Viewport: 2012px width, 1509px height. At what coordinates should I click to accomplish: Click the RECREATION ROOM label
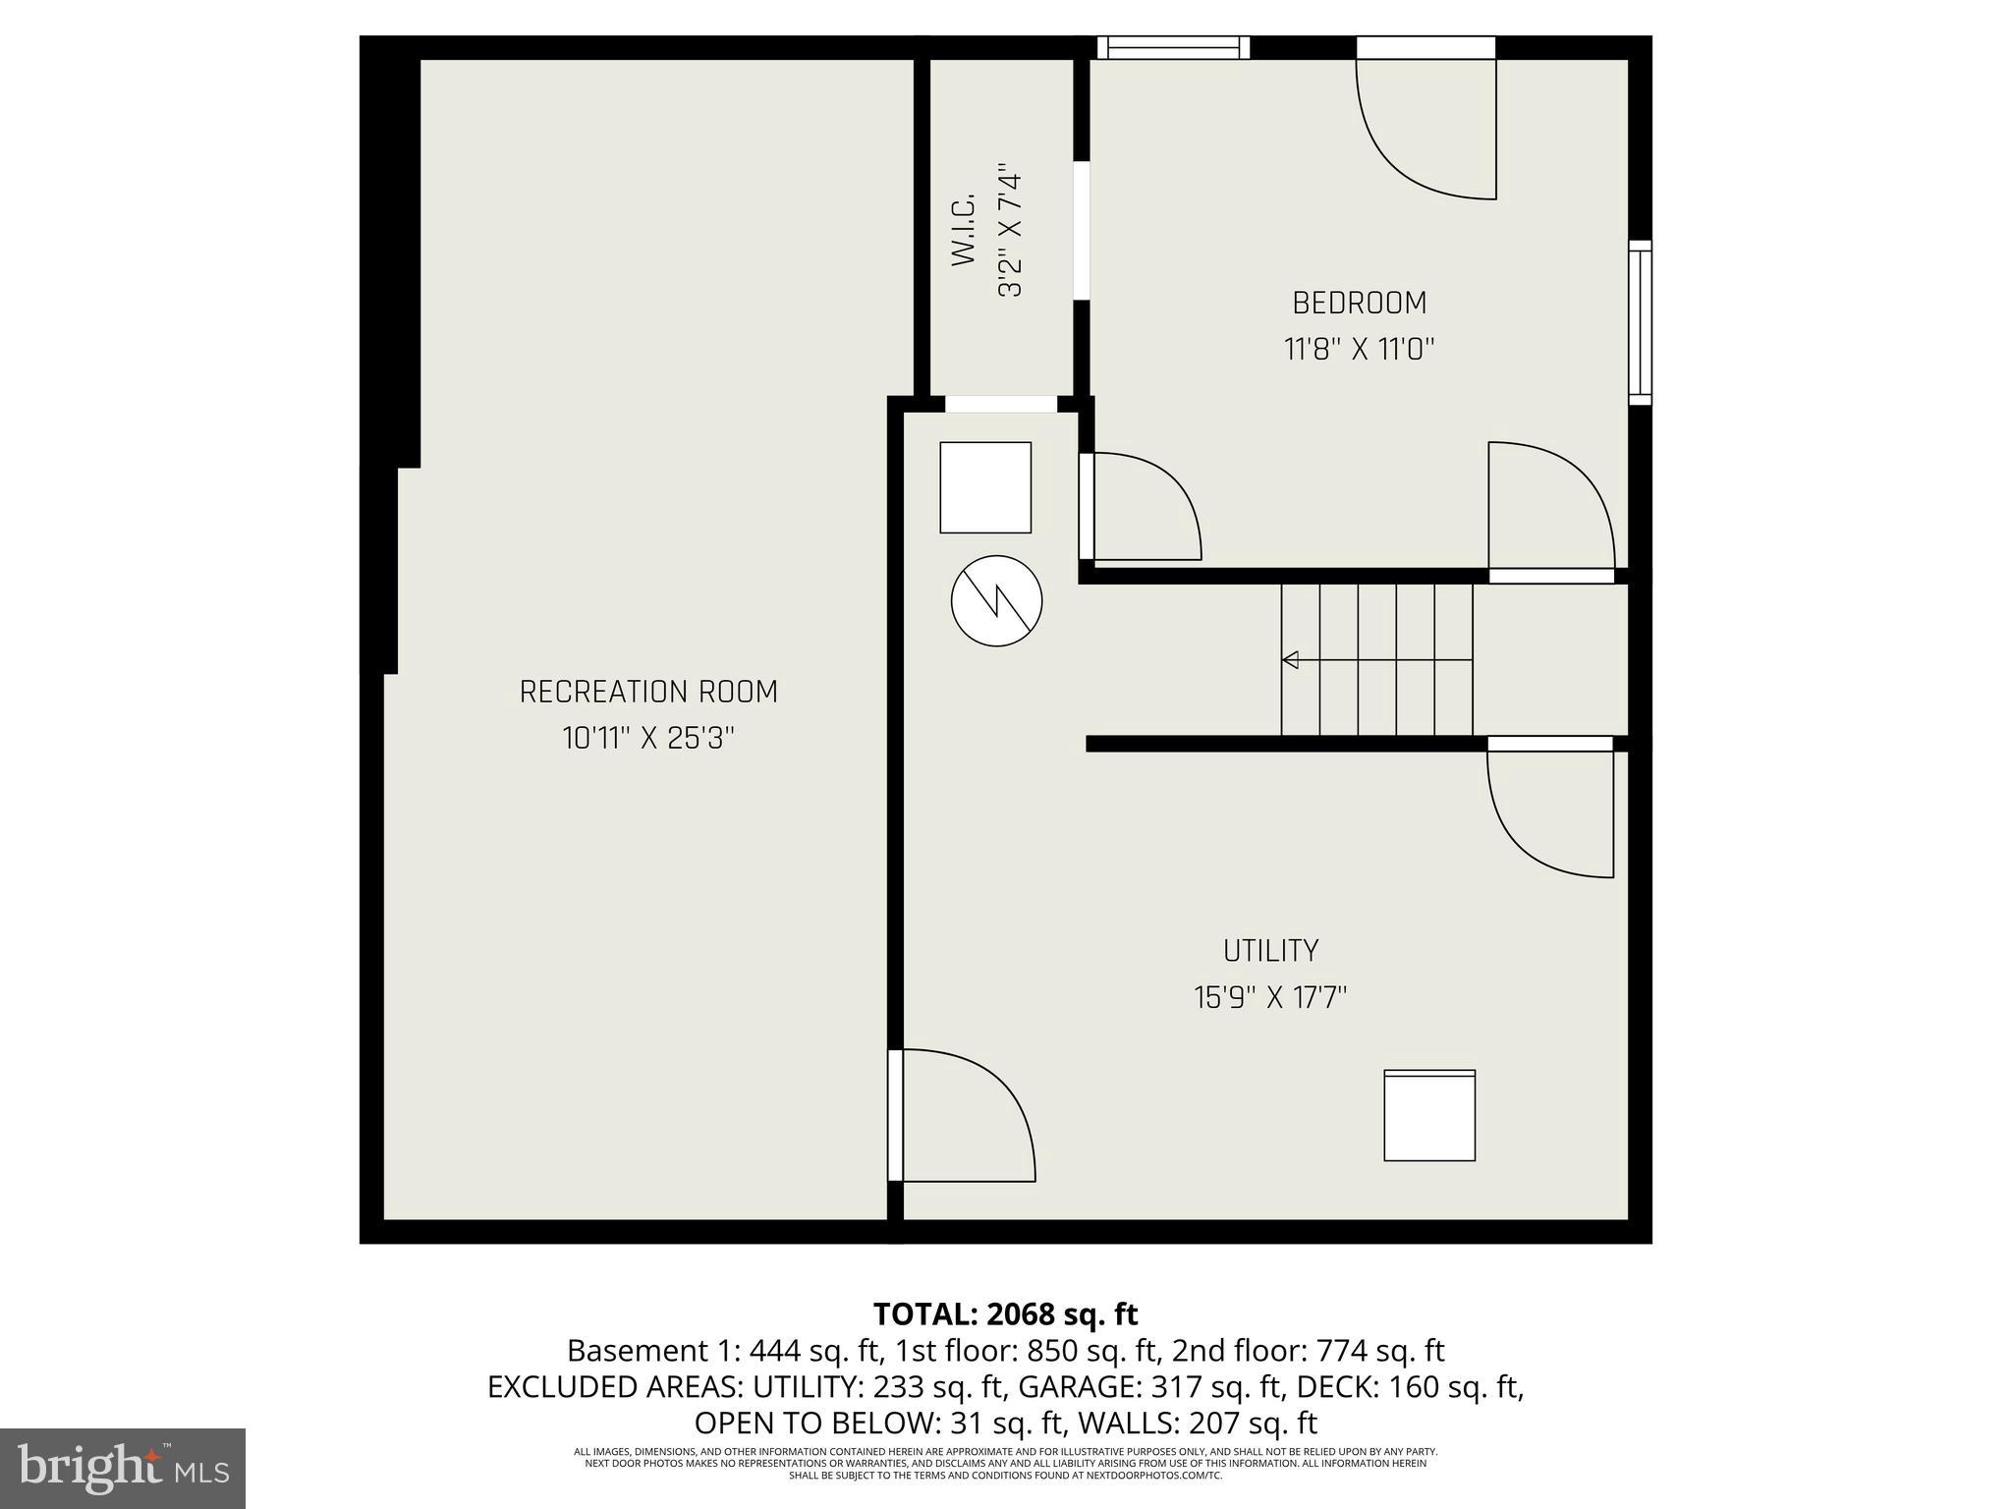pyautogui.click(x=648, y=692)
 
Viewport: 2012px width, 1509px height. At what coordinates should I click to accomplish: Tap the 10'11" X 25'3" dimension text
pyautogui.click(x=648, y=739)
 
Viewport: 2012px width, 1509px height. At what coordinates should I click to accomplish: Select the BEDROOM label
pyautogui.click(x=1359, y=303)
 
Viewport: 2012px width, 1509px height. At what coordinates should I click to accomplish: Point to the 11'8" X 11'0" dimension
pyautogui.click(x=1359, y=350)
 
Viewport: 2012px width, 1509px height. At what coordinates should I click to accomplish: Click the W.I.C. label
pyautogui.click(x=964, y=230)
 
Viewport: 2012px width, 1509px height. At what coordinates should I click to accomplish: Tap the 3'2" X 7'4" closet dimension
pyautogui.click(x=1010, y=230)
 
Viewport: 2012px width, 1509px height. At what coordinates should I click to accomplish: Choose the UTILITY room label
pyautogui.click(x=1270, y=951)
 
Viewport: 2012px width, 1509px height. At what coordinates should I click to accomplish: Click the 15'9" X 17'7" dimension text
pyautogui.click(x=1270, y=998)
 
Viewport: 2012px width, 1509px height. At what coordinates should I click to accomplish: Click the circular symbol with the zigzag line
pyautogui.click(x=996, y=600)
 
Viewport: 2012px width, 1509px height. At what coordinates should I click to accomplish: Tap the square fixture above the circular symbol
pyautogui.click(x=985, y=487)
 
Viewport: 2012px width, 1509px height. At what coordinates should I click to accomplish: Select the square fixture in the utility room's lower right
pyautogui.click(x=1429, y=1116)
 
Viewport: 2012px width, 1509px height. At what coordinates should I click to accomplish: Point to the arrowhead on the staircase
pyautogui.click(x=1290, y=659)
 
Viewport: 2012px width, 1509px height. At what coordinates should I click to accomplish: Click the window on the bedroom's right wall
pyautogui.click(x=1640, y=322)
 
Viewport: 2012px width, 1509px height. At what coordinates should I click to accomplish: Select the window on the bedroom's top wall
pyautogui.click(x=1173, y=47)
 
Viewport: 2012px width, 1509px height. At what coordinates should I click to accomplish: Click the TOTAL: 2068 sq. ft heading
pyautogui.click(x=1005, y=1313)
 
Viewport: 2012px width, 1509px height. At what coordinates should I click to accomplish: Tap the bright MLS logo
pyautogui.click(x=123, y=1468)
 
